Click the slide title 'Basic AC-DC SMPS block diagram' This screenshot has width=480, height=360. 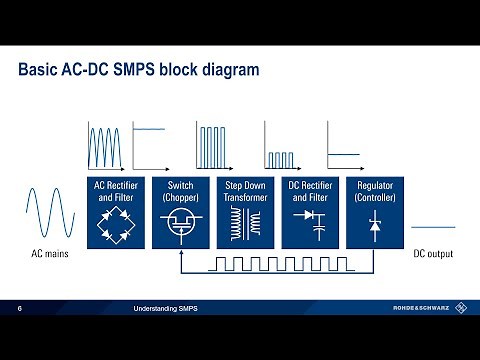139,71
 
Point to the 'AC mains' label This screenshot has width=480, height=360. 47,255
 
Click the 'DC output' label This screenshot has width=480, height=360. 433,255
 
